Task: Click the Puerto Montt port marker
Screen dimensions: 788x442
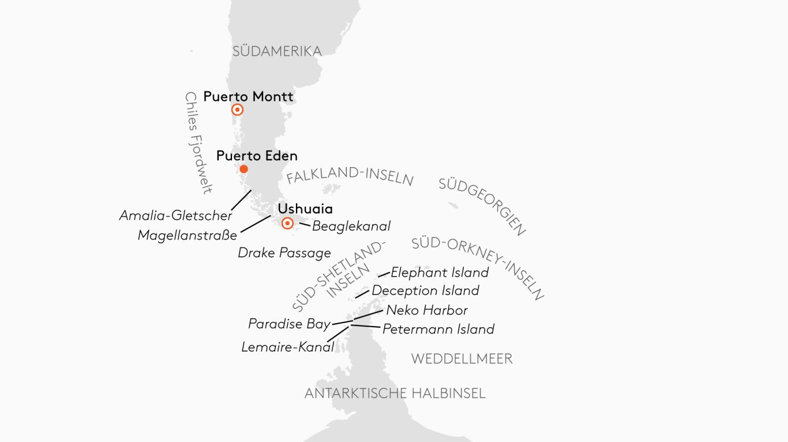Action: (x=237, y=110)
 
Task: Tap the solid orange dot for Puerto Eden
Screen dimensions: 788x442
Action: (x=244, y=169)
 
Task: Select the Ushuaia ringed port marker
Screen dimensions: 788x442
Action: (x=287, y=224)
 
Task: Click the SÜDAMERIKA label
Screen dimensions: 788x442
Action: (x=277, y=51)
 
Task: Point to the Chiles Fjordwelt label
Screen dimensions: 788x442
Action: (x=198, y=142)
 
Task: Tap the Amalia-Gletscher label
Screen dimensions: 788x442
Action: (x=175, y=216)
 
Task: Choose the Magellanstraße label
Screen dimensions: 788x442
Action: (x=187, y=235)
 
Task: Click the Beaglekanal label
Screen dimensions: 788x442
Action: (x=351, y=226)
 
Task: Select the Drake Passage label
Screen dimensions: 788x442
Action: (x=284, y=252)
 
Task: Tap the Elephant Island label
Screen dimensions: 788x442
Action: (x=440, y=272)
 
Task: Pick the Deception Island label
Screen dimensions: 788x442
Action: (x=425, y=290)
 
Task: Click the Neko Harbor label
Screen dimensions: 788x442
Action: (x=427, y=310)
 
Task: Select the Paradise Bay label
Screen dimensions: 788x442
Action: (x=289, y=324)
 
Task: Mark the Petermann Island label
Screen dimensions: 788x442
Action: (x=438, y=329)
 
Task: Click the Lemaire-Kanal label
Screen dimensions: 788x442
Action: (x=287, y=347)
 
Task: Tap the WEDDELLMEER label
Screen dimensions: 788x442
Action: (x=461, y=359)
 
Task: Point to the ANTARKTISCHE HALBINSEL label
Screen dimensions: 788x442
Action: (x=395, y=394)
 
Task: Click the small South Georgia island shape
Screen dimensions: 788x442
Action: (x=453, y=206)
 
